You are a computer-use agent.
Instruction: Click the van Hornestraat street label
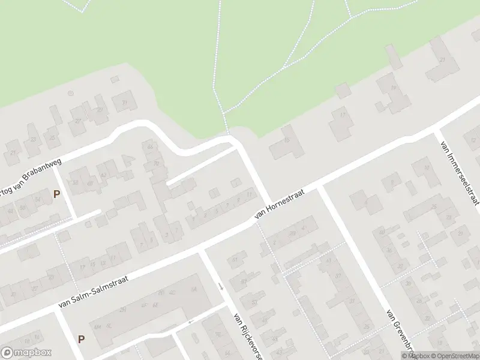tap(280, 203)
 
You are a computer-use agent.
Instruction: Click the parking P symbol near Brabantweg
tap(57, 194)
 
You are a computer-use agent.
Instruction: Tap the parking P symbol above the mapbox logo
tap(81, 338)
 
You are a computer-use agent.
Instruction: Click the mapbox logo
tap(26, 353)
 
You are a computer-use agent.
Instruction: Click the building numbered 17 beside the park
tap(343, 115)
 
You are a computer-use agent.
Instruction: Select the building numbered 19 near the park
tap(393, 89)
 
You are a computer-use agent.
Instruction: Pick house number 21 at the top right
tap(443, 60)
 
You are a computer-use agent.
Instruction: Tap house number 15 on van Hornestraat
tap(287, 141)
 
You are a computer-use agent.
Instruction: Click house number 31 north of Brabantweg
tap(125, 102)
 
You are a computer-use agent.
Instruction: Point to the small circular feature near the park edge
tap(71, 94)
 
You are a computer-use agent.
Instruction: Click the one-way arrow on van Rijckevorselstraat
tap(221, 286)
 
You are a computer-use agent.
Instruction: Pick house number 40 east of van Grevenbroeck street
tap(382, 233)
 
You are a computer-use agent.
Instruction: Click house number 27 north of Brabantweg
tap(78, 120)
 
